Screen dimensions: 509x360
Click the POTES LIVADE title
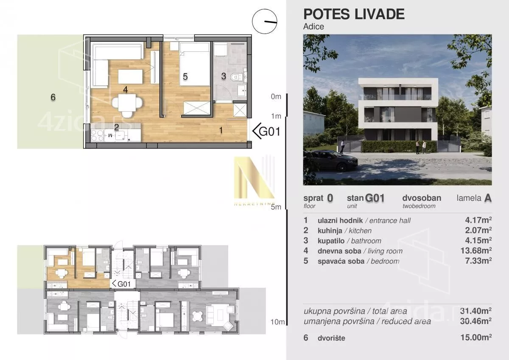(354, 14)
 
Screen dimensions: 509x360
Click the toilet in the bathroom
(236, 77)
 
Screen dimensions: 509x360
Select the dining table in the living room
(127, 102)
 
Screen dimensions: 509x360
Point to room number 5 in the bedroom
(185, 77)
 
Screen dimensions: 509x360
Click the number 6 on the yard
(53, 97)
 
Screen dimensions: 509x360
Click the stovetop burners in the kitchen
(97, 135)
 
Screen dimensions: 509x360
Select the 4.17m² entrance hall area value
(478, 220)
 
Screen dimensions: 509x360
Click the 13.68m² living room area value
(476, 250)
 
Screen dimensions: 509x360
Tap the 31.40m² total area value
(476, 311)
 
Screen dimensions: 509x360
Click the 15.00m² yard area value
(476, 337)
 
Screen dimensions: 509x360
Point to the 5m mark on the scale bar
(276, 207)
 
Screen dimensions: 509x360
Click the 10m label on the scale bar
(277, 322)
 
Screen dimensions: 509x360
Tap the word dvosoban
(422, 198)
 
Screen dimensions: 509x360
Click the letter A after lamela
(488, 198)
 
